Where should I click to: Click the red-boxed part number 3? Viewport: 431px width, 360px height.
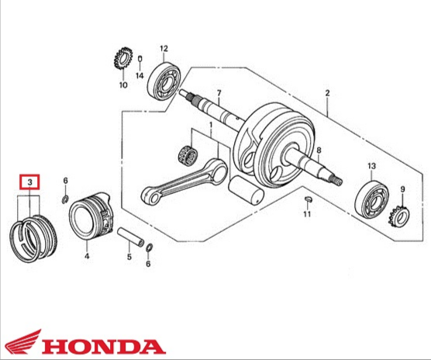29,182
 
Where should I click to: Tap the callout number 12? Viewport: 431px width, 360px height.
164,49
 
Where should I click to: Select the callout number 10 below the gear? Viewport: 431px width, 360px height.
123,85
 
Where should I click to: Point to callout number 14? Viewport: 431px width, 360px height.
140,75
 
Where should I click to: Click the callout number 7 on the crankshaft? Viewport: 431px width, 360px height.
219,93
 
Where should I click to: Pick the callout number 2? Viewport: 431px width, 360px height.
327,93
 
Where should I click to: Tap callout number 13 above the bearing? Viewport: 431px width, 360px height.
371,166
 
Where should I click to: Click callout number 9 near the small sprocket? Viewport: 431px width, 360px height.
402,189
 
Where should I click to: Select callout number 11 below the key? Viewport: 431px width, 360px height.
307,214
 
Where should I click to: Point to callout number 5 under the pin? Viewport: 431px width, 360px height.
129,257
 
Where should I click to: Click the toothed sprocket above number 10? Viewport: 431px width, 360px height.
123,58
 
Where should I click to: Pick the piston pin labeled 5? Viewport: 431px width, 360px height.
130,237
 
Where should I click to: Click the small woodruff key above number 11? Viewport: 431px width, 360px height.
308,199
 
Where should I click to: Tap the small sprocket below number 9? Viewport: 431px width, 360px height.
399,216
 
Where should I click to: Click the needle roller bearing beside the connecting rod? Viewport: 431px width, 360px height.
187,155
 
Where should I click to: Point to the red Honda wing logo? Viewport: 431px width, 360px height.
23,341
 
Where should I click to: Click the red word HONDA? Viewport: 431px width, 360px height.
104,347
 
